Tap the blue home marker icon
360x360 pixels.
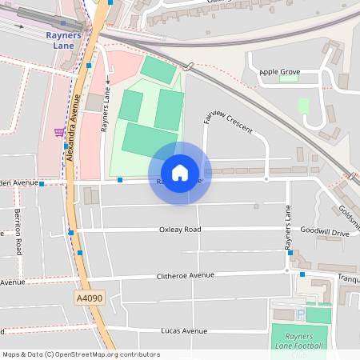click(x=180, y=172)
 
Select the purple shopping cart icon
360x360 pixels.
click(x=59, y=132)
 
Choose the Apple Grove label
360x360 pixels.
click(x=279, y=72)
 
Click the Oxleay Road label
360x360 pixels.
click(x=180, y=230)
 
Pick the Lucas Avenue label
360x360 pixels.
click(x=184, y=330)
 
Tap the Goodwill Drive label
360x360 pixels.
click(x=325, y=232)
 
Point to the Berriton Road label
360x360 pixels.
click(x=18, y=232)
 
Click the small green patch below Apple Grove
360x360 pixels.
click(x=303, y=106)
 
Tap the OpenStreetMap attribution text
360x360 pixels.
click(x=81, y=354)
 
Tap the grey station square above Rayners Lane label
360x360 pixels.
click(x=63, y=23)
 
